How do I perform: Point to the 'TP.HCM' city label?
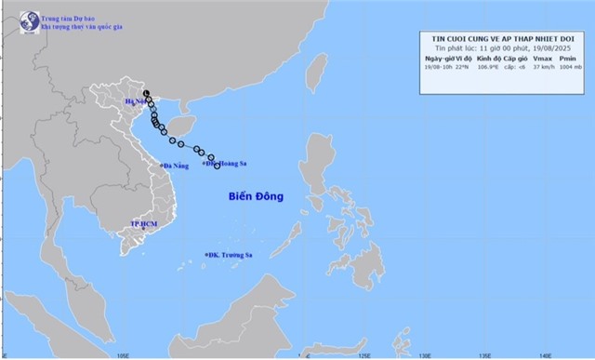pyautogui.click(x=145, y=225)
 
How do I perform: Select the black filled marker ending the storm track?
pyautogui.click(x=147, y=93)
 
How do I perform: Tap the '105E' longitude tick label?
pyautogui.click(x=123, y=354)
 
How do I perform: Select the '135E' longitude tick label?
pyautogui.click(x=484, y=354)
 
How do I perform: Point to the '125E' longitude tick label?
pyautogui.click(x=364, y=354)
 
